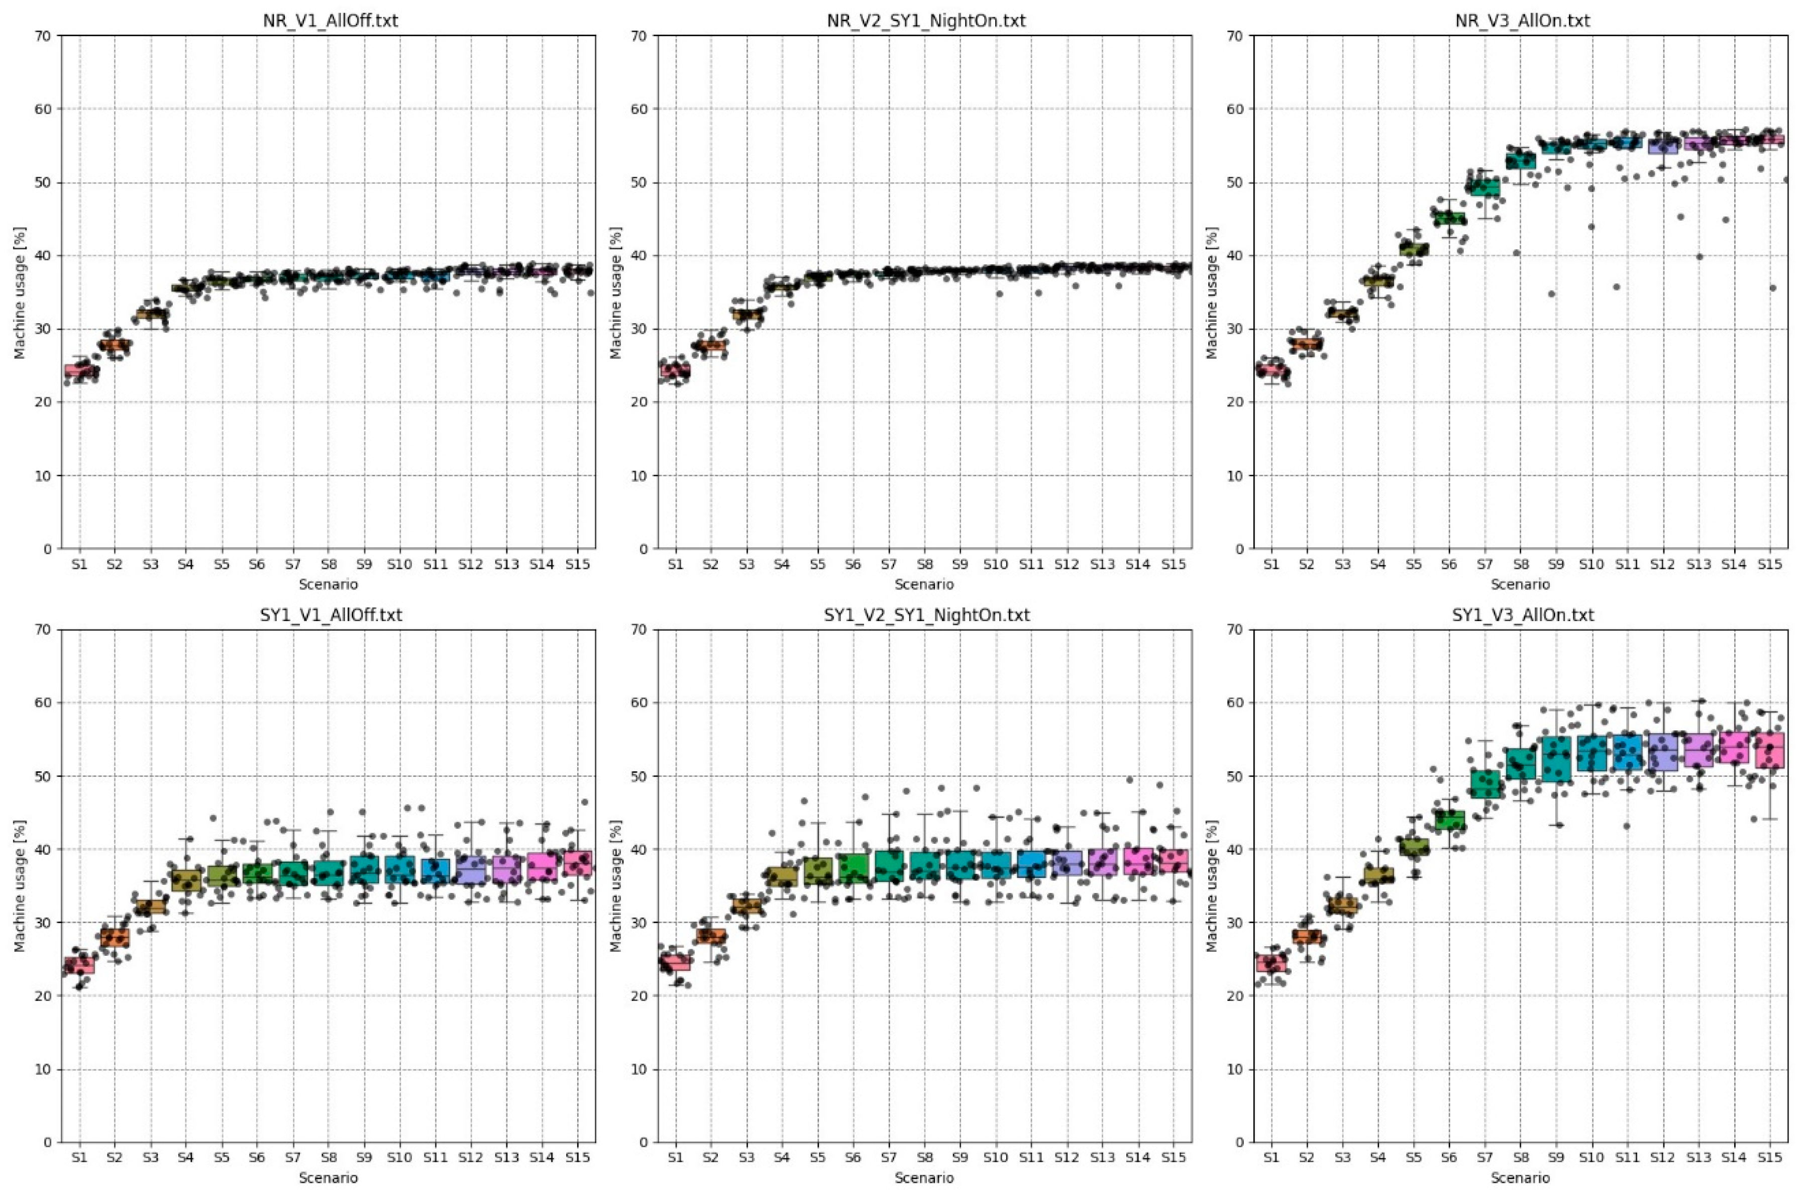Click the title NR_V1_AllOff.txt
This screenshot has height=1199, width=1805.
[x=330, y=21]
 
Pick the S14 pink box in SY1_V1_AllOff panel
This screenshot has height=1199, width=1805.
[x=541, y=866]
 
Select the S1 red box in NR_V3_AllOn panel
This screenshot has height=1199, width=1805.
[x=1270, y=370]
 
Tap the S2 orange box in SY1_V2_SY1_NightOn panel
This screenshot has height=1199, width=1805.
[x=710, y=936]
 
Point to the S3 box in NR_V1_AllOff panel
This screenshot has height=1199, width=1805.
[x=150, y=314]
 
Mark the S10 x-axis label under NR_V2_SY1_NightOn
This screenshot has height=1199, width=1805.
[x=995, y=564]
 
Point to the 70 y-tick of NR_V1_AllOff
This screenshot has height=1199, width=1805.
[x=45, y=36]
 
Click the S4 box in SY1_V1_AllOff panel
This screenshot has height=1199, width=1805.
[x=186, y=880]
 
